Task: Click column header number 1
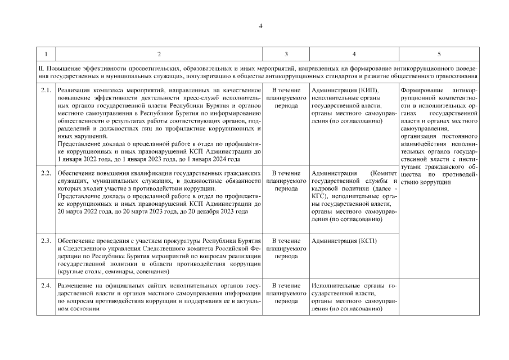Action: coord(46,54)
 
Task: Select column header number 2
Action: coord(159,54)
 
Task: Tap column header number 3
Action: coord(286,54)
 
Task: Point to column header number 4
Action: coord(354,54)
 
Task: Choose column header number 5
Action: coord(439,54)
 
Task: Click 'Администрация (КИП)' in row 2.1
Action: coord(345,91)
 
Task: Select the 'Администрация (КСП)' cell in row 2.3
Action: coord(344,241)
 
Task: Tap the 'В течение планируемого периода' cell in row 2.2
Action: coord(286,181)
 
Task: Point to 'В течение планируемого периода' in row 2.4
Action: coord(286,294)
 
